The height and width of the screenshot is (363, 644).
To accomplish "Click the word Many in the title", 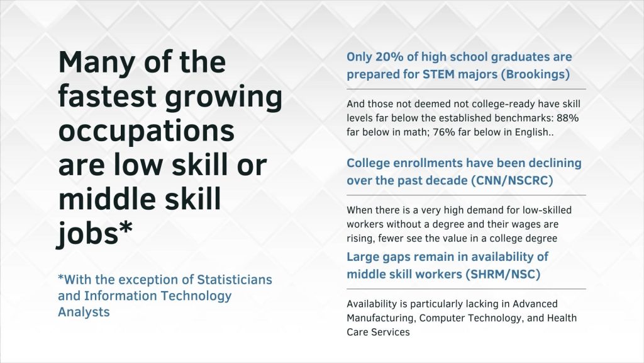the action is pos(97,63).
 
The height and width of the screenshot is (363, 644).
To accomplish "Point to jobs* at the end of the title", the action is pos(95,233).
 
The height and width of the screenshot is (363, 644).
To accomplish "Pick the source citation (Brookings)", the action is pos(538,74).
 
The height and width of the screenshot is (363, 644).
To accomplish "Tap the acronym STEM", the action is pos(438,74).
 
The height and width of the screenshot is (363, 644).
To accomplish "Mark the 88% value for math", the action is pos(568,118).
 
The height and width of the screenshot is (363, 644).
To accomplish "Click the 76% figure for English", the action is pos(444,132).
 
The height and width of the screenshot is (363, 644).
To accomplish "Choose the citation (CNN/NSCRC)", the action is pos(512,181).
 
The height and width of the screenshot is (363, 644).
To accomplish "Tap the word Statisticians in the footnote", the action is pos(235,280).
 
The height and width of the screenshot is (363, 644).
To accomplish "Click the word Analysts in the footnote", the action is pos(84,312).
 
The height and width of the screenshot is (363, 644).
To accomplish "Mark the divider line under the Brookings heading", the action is pos(466,89).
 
